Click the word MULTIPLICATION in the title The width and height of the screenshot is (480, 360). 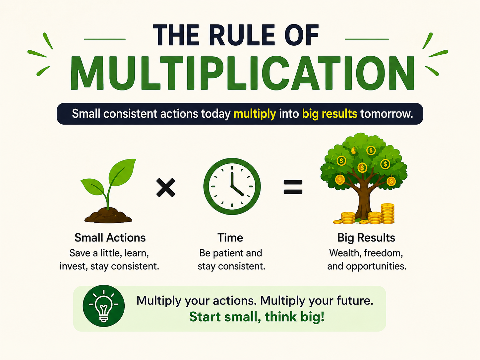(x=242, y=73)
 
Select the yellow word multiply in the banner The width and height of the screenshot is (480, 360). (x=255, y=114)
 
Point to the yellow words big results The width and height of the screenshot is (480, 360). (x=330, y=114)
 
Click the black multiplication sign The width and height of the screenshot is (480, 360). (x=166, y=188)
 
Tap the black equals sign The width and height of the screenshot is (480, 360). (x=293, y=187)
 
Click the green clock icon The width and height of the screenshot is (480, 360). (x=232, y=186)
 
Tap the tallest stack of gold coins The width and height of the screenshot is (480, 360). (x=388, y=213)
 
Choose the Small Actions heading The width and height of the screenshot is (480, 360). (x=110, y=238)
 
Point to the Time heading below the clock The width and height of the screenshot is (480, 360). (x=230, y=238)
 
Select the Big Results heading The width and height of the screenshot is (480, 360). (x=366, y=238)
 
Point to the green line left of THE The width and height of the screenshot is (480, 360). (x=105, y=39)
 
